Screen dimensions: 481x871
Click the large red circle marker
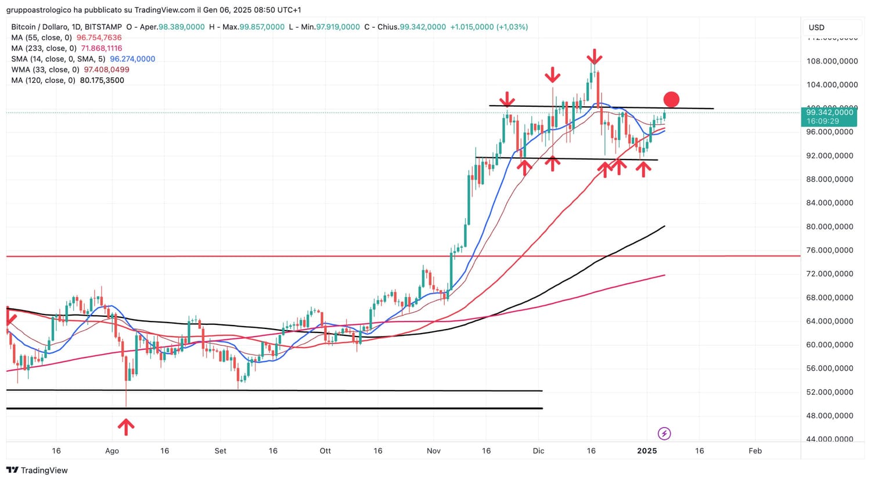click(x=671, y=99)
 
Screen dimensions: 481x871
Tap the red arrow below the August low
click(x=126, y=427)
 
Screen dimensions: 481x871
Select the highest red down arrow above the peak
click(x=593, y=57)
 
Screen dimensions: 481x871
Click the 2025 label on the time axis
click(x=647, y=451)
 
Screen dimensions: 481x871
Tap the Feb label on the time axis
click(x=755, y=451)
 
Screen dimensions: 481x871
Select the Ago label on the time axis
click(x=112, y=451)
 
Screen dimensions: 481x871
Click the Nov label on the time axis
click(x=433, y=451)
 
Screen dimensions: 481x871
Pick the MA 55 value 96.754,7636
click(x=99, y=38)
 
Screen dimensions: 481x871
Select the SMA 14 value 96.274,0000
click(x=132, y=59)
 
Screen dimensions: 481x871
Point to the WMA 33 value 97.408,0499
click(x=107, y=70)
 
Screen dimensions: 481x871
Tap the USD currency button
click(x=816, y=27)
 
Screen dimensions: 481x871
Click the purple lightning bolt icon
click(x=664, y=433)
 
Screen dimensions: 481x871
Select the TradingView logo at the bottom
click(x=37, y=471)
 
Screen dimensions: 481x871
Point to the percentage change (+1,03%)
click(x=512, y=27)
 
